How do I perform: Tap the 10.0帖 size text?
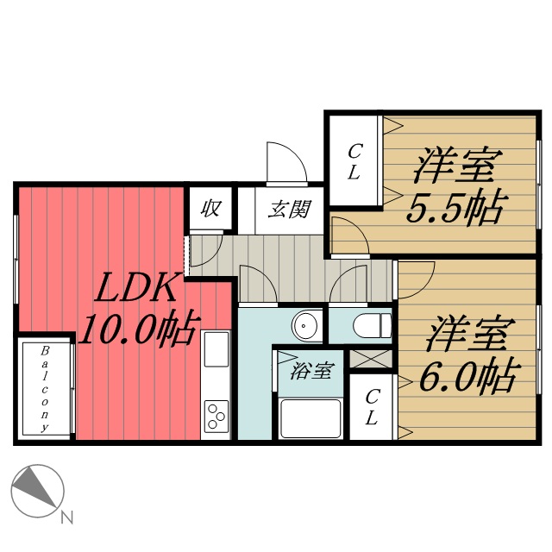pos(137,329)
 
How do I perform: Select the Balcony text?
pos(45,387)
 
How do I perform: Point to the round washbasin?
pos(305,327)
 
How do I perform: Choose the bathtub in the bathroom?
pos(311,418)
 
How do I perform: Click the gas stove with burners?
pos(216,416)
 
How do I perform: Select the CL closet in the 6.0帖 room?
pos(371,407)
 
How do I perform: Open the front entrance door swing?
pos(285,164)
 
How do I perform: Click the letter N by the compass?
pos(66,518)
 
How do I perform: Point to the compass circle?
pos(36,491)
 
